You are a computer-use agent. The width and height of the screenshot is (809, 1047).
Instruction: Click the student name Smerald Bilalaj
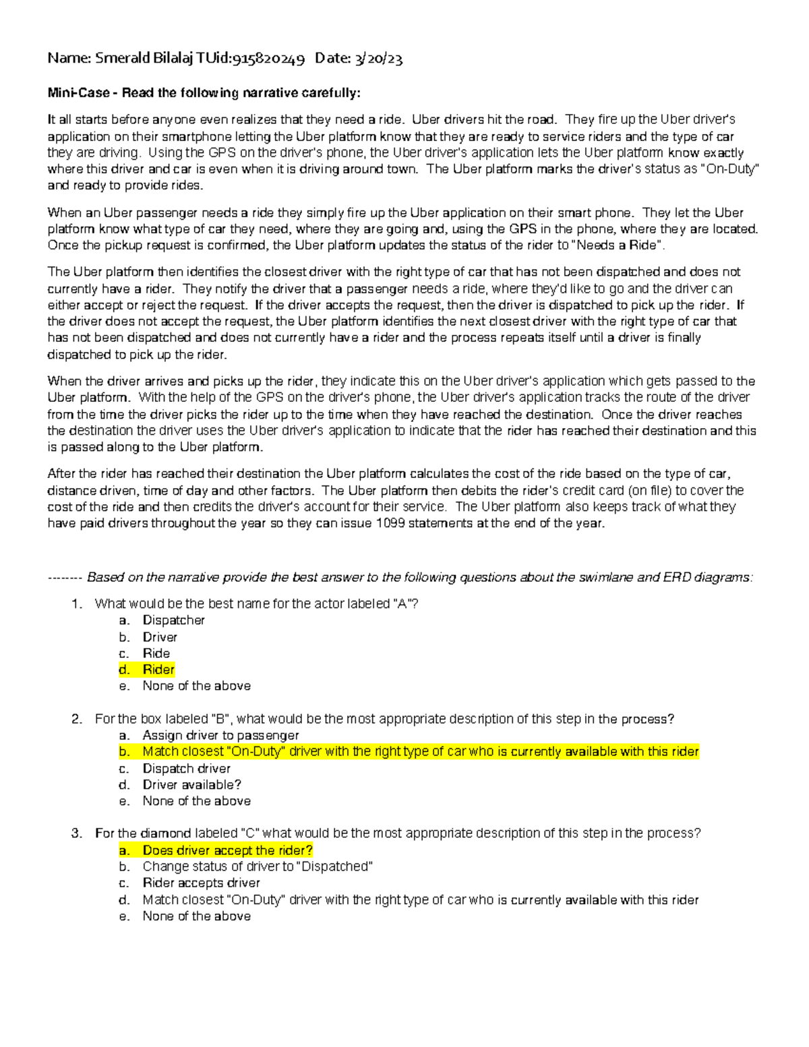coord(143,59)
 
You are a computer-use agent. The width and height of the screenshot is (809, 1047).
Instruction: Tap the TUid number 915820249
coord(268,59)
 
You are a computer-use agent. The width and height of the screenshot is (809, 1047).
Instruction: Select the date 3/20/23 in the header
coord(378,59)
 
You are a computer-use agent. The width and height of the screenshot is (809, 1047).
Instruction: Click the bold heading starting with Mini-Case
coord(204,93)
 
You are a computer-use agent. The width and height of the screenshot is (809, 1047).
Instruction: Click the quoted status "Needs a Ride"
coord(618,245)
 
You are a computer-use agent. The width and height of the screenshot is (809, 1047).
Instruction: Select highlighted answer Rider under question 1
coord(158,669)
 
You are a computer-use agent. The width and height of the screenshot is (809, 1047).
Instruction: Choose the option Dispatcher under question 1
coord(173,620)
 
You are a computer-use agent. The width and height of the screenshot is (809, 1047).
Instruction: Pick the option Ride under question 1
coord(156,653)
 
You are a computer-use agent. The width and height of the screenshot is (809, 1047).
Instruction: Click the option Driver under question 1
coord(160,637)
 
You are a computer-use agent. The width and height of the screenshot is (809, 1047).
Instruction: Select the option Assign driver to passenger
coord(220,736)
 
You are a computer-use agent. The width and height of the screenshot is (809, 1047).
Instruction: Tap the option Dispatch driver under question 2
coord(186,769)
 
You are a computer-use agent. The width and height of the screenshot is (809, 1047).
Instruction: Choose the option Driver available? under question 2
coord(191,785)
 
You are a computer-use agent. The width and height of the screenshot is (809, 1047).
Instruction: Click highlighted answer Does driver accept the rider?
coord(227,850)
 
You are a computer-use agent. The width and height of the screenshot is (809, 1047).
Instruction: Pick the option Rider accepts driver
coord(201,883)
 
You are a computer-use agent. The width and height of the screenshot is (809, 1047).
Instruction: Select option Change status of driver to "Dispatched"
coord(257,866)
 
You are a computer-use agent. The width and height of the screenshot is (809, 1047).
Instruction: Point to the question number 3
coord(76,833)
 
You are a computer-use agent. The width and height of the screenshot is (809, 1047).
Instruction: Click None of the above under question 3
coord(196,916)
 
